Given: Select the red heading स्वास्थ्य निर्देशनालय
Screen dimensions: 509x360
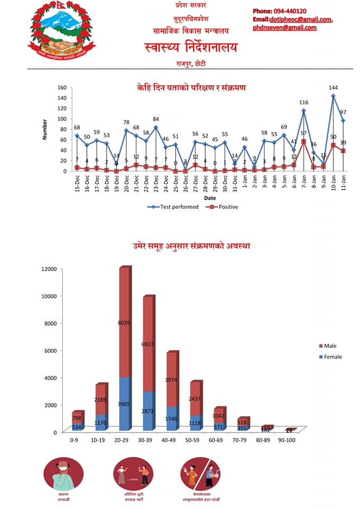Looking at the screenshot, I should click(191, 48).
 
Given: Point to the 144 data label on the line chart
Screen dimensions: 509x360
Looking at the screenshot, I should click(333, 87).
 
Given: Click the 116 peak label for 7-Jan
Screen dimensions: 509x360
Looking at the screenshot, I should click(304, 102).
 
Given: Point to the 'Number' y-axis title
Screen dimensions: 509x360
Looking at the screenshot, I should click(45, 129).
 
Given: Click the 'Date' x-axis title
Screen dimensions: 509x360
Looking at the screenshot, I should click(210, 198).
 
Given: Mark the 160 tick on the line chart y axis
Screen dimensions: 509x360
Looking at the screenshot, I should click(62, 88).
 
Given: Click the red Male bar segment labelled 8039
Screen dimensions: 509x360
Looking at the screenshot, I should click(124, 322).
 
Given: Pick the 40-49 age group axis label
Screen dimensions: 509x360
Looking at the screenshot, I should click(172, 440).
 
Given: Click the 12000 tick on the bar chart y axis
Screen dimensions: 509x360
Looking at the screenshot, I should click(49, 269).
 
